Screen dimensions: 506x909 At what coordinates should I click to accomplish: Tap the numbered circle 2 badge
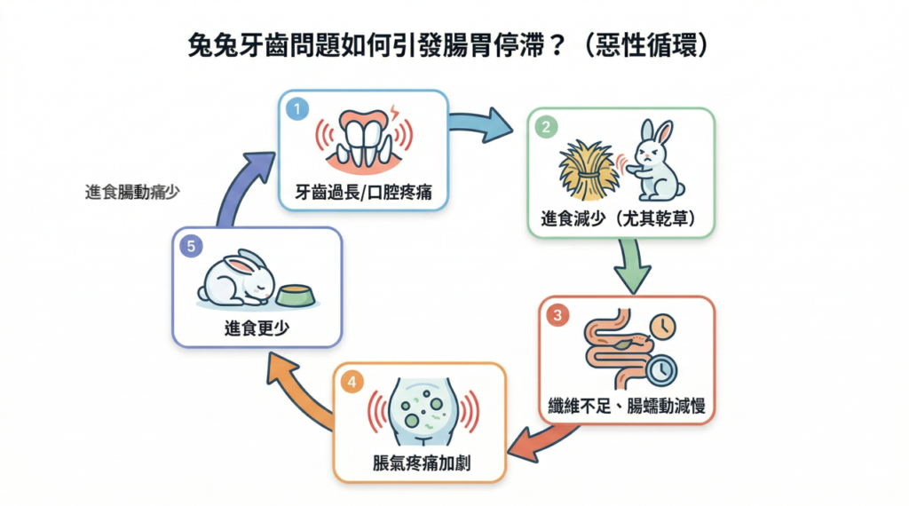[x=547, y=127]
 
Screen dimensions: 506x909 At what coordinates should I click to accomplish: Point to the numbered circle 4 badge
[x=352, y=382]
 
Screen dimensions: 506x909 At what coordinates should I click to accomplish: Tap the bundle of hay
[x=588, y=168]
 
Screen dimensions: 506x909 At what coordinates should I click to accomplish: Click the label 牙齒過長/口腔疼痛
[x=363, y=192]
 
